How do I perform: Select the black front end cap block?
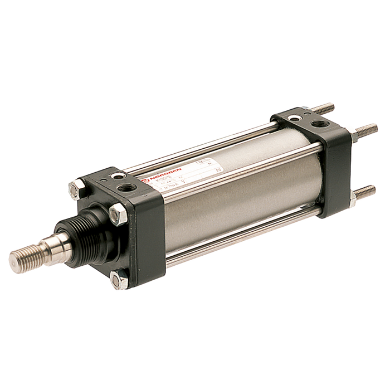[x=139, y=234]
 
